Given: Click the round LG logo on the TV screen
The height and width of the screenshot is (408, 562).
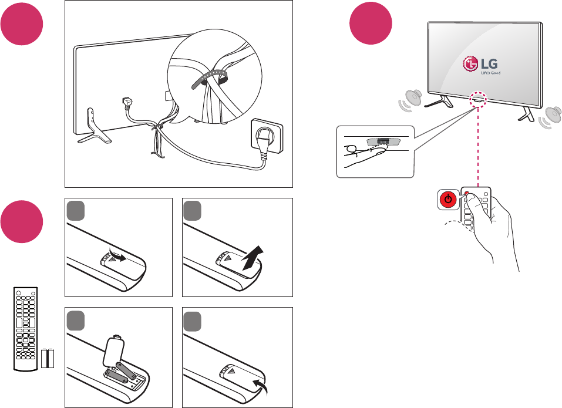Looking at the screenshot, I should click(x=470, y=64).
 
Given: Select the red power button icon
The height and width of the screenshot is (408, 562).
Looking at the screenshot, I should click(x=448, y=200).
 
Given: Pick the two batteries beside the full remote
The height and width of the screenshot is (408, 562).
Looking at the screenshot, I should click(x=48, y=358).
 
